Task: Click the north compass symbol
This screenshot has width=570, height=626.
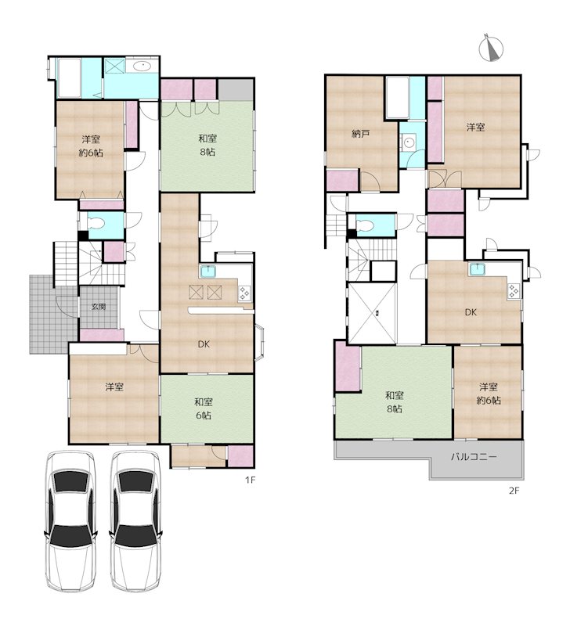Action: tap(490, 48)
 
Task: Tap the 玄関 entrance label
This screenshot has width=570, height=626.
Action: tap(99, 307)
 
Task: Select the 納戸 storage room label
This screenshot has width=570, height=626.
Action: tap(360, 134)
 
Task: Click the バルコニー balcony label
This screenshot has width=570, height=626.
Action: tap(474, 456)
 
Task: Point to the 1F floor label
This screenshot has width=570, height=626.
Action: tap(250, 480)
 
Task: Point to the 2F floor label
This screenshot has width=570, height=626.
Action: tap(514, 491)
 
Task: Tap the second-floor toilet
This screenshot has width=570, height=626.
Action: tap(364, 226)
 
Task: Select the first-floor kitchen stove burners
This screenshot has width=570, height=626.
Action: tap(244, 293)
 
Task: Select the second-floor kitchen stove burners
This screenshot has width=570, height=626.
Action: tap(514, 291)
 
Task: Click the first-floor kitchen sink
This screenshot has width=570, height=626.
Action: tap(208, 272)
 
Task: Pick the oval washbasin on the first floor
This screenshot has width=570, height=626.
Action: tap(142, 66)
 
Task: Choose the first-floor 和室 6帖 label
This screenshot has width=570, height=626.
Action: tap(204, 408)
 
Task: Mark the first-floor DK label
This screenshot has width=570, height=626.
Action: tap(204, 344)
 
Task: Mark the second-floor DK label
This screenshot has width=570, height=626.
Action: tap(471, 312)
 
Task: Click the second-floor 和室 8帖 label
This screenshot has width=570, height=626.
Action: tap(395, 402)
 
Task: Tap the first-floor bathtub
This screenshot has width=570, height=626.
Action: tap(70, 77)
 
